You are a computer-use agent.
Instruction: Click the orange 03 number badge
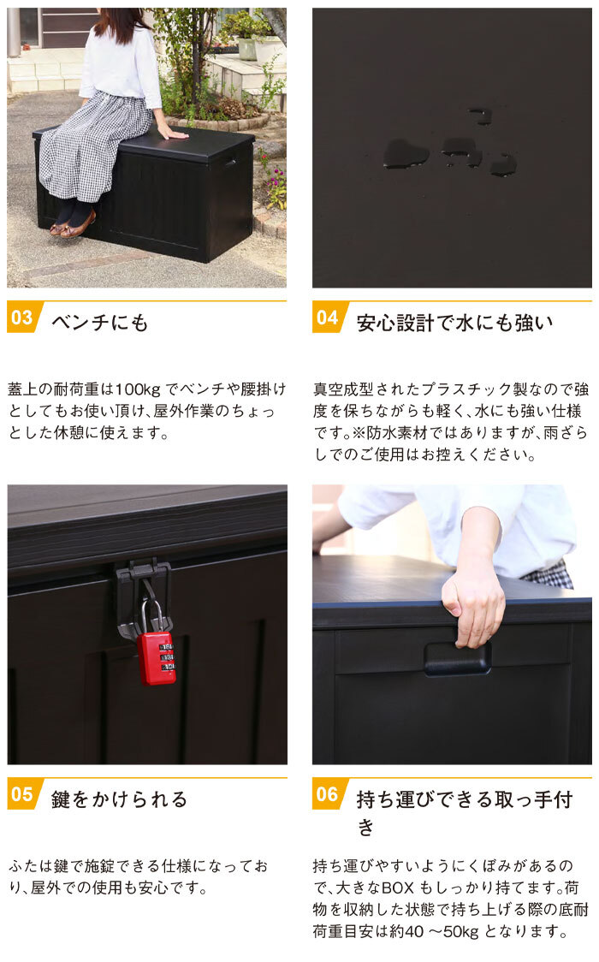pyautogui.click(x=23, y=318)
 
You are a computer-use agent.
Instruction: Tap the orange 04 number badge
pyautogui.click(x=328, y=318)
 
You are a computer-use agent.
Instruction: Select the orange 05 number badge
pyautogui.click(x=23, y=794)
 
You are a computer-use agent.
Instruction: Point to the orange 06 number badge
pyautogui.click(x=328, y=794)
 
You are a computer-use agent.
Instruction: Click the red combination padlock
pyautogui.click(x=157, y=657)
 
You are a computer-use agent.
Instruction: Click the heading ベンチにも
pyautogui.click(x=100, y=323)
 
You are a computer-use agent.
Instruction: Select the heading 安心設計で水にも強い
pyautogui.click(x=455, y=323)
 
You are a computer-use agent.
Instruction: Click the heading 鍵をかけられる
pyautogui.click(x=120, y=799)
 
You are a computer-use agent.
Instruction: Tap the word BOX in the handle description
pyautogui.click(x=399, y=888)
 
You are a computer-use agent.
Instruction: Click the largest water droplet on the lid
pyautogui.click(x=406, y=153)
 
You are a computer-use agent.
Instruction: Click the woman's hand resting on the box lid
pyautogui.click(x=171, y=132)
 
